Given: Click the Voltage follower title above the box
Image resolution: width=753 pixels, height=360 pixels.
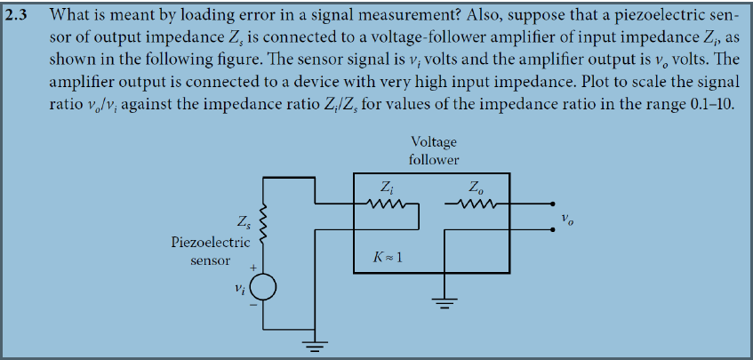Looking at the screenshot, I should coord(434,150).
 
